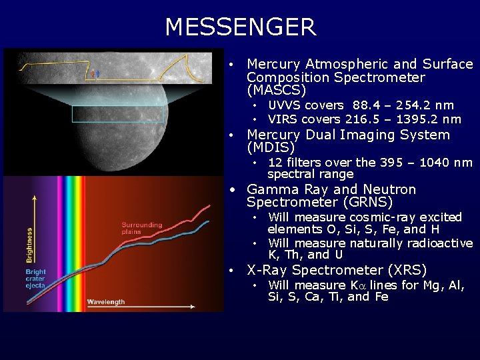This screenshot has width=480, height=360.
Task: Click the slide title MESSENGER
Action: click(x=240, y=27)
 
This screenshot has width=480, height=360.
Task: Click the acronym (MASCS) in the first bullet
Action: click(x=276, y=89)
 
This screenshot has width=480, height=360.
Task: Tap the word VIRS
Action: click(x=283, y=119)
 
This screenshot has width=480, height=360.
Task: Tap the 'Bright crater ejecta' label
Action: click(x=36, y=279)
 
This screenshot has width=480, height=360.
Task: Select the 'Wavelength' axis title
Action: click(x=105, y=302)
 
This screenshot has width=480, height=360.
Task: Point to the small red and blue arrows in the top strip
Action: click(x=97, y=73)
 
